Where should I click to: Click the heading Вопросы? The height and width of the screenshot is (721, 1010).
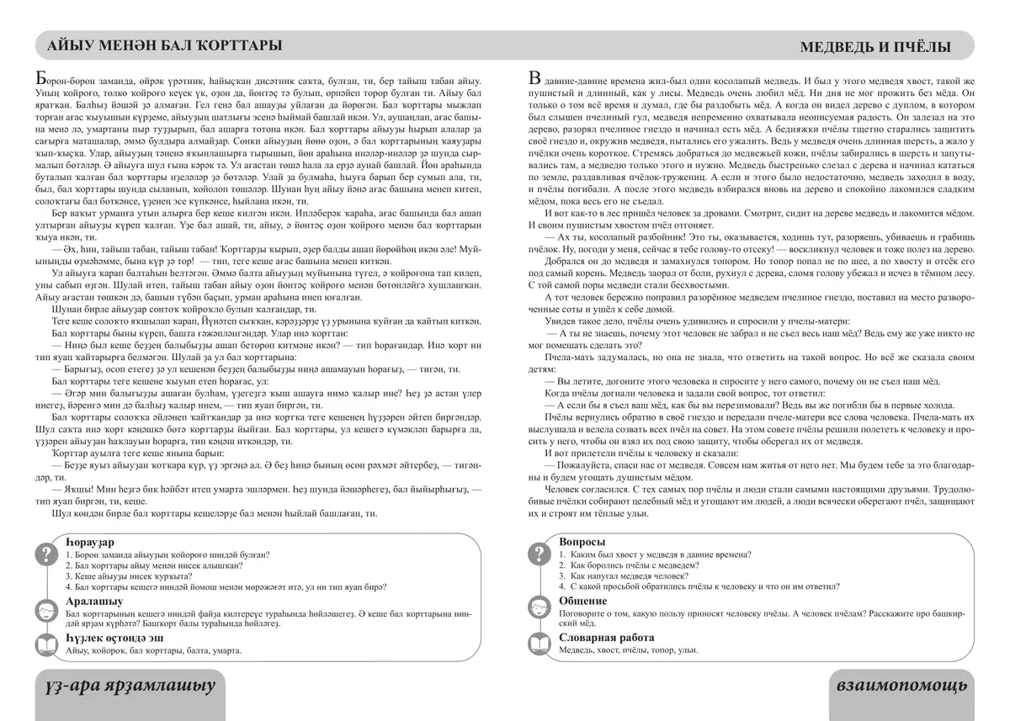pyautogui.click(x=582, y=541)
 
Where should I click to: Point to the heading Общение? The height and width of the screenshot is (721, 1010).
pyautogui.click(x=582, y=601)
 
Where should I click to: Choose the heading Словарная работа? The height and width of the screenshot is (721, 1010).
pyautogui.click(x=606, y=638)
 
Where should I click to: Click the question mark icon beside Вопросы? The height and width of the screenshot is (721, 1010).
pyautogui.click(x=537, y=554)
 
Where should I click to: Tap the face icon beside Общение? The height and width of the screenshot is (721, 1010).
pyautogui.click(x=537, y=608)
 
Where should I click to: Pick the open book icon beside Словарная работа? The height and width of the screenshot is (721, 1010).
pyautogui.click(x=537, y=645)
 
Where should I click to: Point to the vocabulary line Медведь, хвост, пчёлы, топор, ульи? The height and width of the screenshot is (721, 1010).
pyautogui.click(x=628, y=650)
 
